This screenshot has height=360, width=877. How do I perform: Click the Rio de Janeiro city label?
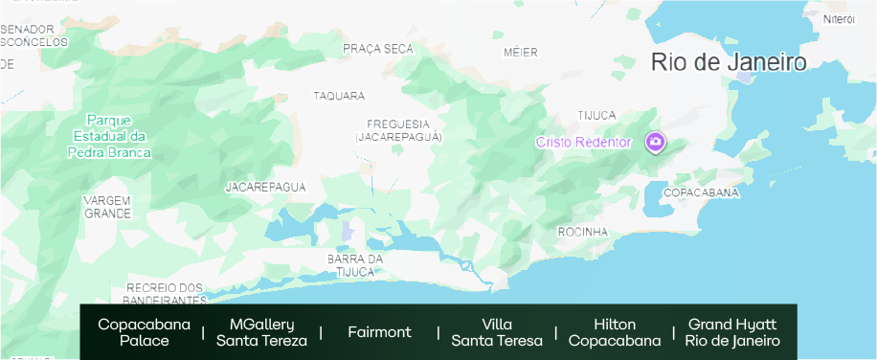click(729, 63)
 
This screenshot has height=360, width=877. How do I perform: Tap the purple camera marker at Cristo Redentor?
click(656, 143)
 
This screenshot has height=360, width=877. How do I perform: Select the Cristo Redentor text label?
click(583, 143)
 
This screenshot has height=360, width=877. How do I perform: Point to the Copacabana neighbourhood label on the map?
click(701, 192)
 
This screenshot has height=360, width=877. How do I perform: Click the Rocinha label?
click(582, 232)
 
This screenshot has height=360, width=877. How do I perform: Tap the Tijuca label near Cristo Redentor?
click(596, 115)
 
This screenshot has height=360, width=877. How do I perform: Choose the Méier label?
click(521, 53)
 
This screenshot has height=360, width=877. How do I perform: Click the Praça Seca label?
click(377, 49)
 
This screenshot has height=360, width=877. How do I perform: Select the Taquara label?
click(339, 96)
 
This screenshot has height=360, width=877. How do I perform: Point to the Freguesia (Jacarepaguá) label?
click(398, 131)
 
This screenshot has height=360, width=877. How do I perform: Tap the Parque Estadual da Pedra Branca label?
click(109, 136)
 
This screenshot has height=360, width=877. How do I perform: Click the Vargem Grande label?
click(107, 206)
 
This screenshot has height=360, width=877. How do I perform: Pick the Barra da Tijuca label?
click(355, 265)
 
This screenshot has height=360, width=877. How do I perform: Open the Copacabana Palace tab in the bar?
click(144, 332)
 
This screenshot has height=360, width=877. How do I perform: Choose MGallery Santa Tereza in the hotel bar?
click(261, 332)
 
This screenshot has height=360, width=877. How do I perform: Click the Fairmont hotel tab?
click(379, 332)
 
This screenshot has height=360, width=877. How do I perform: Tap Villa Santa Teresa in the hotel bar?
click(497, 332)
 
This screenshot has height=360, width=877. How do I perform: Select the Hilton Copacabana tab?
click(614, 332)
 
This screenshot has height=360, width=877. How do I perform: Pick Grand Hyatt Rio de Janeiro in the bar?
click(732, 332)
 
